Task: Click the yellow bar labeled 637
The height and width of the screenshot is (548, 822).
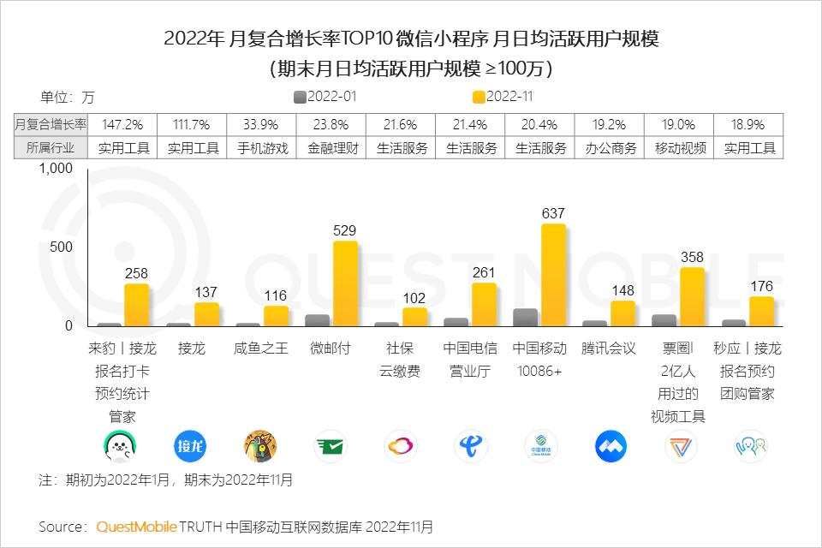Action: (553, 275)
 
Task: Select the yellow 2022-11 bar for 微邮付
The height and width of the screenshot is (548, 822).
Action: (345, 283)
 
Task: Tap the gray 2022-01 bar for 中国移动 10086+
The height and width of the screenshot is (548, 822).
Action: (525, 317)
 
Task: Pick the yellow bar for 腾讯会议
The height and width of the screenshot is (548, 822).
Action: (622, 313)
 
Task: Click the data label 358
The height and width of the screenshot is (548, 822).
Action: (691, 257)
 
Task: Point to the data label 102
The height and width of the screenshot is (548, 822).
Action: (414, 297)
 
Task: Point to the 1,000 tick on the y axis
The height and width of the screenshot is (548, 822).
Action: (57, 169)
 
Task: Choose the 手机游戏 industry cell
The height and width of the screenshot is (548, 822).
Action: (263, 147)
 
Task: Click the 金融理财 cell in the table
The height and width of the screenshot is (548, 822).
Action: (333, 147)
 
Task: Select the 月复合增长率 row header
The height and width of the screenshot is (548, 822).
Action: (51, 124)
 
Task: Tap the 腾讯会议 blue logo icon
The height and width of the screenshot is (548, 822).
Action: (611, 446)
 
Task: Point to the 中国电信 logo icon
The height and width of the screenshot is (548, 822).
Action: (470, 446)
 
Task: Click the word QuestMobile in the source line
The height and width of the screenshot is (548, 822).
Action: (136, 526)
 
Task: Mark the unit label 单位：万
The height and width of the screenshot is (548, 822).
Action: (68, 98)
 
